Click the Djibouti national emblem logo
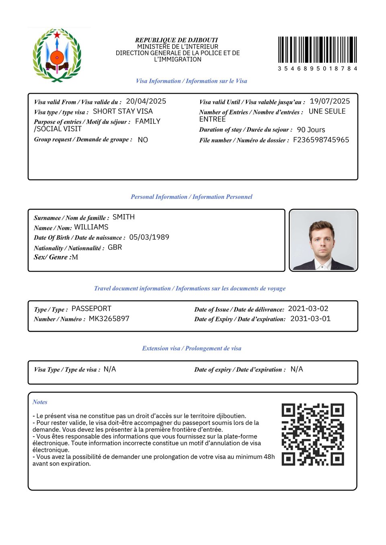[57, 55]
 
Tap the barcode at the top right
[317, 50]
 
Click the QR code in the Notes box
[313, 435]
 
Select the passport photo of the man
[323, 240]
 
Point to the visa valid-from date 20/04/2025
[146, 101]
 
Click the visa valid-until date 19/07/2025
[330, 101]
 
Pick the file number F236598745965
[321, 140]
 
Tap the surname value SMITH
[123, 217]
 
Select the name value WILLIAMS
[91, 227]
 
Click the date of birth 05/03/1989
[149, 237]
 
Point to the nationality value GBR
[115, 247]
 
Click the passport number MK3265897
[109, 318]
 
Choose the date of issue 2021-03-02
[308, 308]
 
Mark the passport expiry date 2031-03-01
[310, 318]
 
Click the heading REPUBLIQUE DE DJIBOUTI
[177, 40]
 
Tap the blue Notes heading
[40, 402]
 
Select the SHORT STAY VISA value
[123, 111]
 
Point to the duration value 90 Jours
[311, 130]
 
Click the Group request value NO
[143, 140]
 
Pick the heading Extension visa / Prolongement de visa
[192, 348]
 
